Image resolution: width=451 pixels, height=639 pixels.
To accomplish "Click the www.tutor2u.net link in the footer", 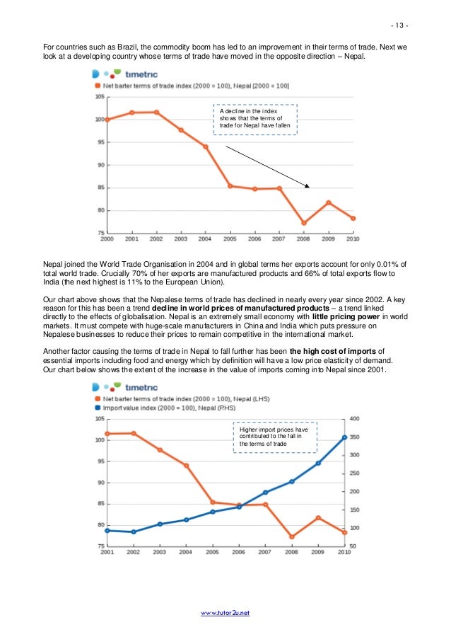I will [225, 612].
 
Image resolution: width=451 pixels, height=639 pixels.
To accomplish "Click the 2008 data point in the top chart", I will [303, 223].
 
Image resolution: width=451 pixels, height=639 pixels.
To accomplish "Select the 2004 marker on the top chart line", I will [206, 146].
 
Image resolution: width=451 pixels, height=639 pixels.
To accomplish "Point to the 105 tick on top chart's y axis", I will [100, 96].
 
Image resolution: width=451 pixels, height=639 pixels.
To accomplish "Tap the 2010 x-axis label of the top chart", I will [352, 239].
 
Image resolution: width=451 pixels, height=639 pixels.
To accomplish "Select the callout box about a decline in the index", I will [256, 119].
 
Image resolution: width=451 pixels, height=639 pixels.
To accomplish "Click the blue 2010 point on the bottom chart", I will [344, 437].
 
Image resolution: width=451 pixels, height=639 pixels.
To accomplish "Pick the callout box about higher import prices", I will [274, 437].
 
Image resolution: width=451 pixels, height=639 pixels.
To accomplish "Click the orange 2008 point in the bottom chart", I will [291, 537].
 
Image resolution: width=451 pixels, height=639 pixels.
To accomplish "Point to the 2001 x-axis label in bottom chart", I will [107, 552].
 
